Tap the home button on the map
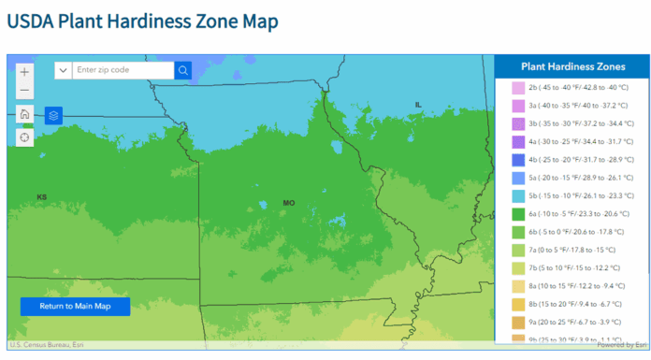pyautogui.click(x=24, y=115)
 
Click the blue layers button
pyautogui.click(x=53, y=115)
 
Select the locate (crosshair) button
pyautogui.click(x=24, y=137)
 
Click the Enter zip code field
pyautogui.click(x=122, y=70)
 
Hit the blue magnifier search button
pyautogui.click(x=183, y=70)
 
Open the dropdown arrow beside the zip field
pyautogui.click(x=63, y=70)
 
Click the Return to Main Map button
pyautogui.click(x=75, y=306)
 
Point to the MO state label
pyautogui.click(x=289, y=203)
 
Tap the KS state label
pyautogui.click(x=42, y=197)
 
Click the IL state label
pyautogui.click(x=418, y=104)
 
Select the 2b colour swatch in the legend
pyautogui.click(x=517, y=88)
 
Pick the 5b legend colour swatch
pyautogui.click(x=517, y=195)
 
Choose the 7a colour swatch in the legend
pyautogui.click(x=517, y=250)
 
